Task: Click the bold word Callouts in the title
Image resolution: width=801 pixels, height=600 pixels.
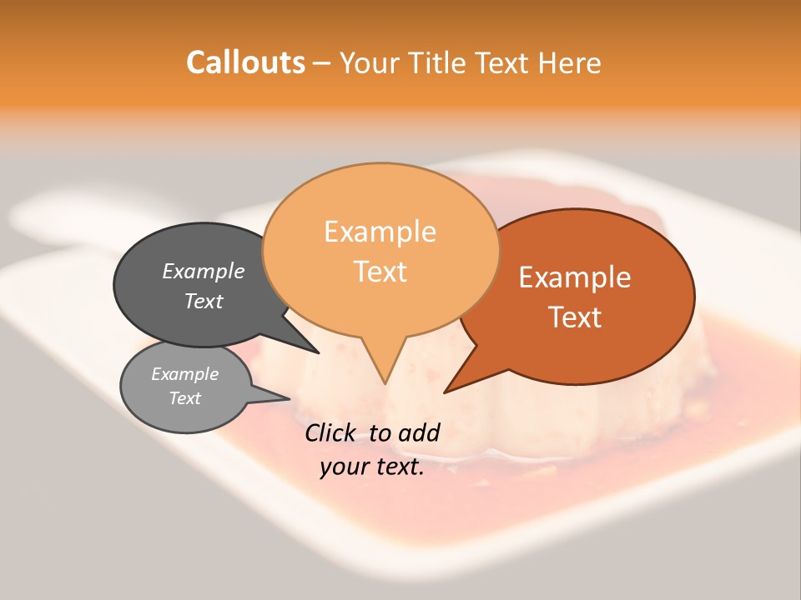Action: pyautogui.click(x=245, y=62)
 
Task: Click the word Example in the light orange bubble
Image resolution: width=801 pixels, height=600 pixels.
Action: pyautogui.click(x=380, y=231)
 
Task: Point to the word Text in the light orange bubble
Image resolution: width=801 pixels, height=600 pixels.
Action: pyautogui.click(x=380, y=271)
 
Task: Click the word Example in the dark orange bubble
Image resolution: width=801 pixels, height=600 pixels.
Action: pyautogui.click(x=575, y=277)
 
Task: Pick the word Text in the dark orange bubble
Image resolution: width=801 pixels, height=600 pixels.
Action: pyautogui.click(x=575, y=317)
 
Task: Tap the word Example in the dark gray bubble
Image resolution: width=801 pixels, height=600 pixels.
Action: pyautogui.click(x=203, y=271)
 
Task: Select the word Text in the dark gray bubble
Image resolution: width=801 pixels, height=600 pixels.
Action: pyautogui.click(x=203, y=301)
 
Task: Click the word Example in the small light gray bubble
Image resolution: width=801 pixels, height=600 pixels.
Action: pyautogui.click(x=184, y=374)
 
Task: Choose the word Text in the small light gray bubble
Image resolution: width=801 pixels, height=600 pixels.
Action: pyautogui.click(x=184, y=398)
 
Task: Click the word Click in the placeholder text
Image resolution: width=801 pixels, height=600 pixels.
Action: pyautogui.click(x=333, y=432)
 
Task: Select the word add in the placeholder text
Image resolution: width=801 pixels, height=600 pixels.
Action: pyautogui.click(x=420, y=432)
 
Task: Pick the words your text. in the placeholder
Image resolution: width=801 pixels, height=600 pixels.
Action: pyautogui.click(x=372, y=467)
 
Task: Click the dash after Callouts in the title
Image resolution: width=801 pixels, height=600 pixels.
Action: pyautogui.click(x=322, y=63)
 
